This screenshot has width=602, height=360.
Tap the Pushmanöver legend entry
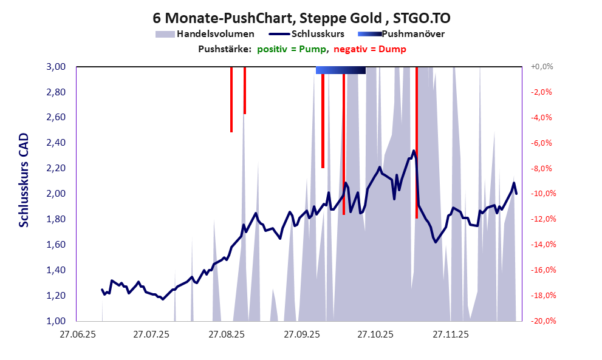tap(413, 34)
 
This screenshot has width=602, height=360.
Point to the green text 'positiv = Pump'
tap(292, 49)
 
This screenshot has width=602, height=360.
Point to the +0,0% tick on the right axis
tap(542, 67)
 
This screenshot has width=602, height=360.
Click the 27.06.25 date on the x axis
tap(77, 334)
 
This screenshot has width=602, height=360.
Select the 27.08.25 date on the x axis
tap(226, 334)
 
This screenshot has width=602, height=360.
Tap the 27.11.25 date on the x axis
tap(450, 334)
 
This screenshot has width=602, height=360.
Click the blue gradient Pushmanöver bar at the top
tap(340, 70)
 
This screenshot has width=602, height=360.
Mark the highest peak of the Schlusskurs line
tap(414, 151)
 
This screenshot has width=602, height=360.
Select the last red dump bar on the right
tap(417, 142)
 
